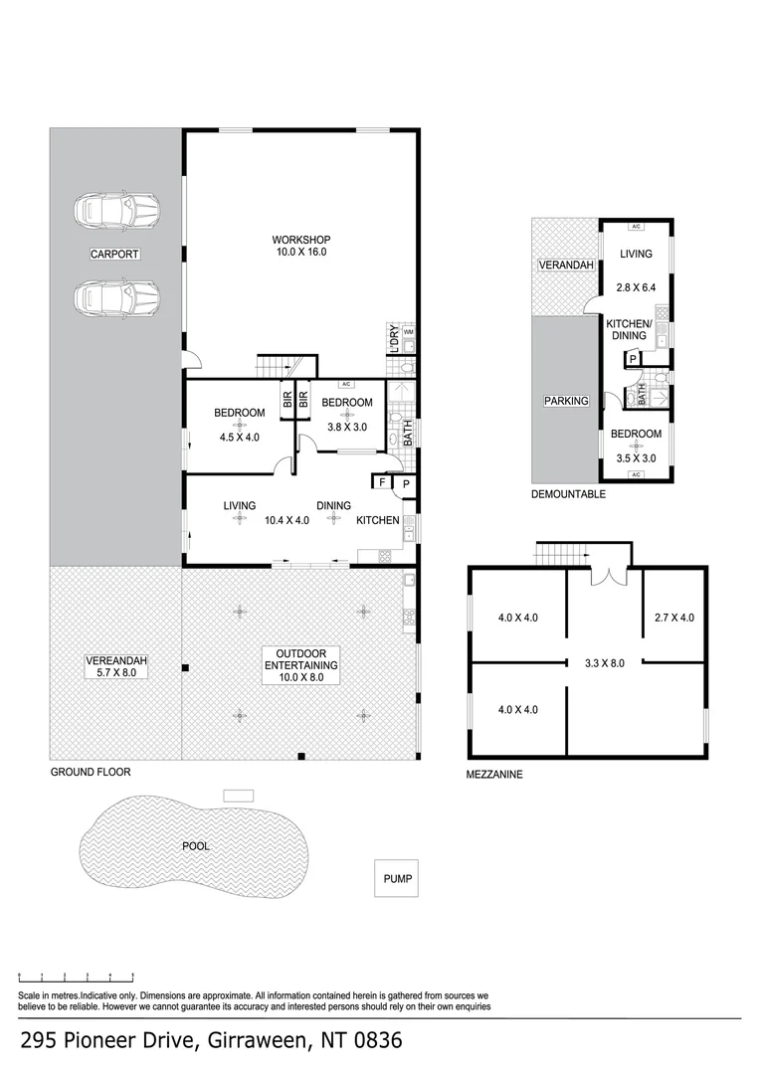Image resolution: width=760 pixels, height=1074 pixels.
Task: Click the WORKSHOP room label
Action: point(300,240)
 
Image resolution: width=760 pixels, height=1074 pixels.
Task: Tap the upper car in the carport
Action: point(116,210)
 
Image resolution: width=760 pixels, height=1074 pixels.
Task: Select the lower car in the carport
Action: point(116,296)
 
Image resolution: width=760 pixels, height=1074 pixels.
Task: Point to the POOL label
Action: point(196,846)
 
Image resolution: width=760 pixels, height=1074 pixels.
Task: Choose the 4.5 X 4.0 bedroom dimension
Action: point(238,436)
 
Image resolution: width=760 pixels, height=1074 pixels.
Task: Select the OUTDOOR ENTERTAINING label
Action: point(300,658)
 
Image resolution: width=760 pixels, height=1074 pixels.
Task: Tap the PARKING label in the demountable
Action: point(566,401)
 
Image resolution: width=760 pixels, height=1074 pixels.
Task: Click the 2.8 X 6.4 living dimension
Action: point(636,287)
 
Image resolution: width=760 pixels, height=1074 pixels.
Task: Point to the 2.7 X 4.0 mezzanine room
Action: point(674,618)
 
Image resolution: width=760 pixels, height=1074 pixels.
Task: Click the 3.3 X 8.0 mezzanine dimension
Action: point(604,662)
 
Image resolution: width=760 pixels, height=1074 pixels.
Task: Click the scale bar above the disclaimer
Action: point(76,978)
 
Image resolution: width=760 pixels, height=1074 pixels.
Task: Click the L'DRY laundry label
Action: point(394,339)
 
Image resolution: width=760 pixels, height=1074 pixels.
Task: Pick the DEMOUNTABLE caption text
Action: point(568,493)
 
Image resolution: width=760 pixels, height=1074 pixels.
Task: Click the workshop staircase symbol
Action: point(277,366)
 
